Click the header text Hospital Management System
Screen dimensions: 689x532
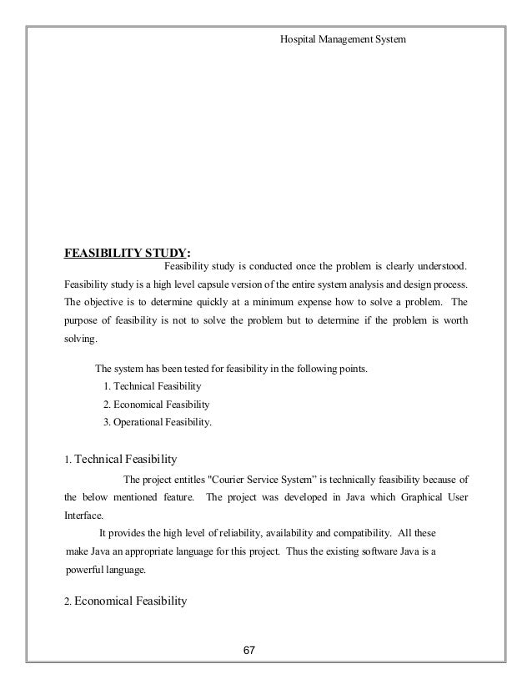(x=343, y=38)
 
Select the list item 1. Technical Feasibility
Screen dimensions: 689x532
(x=151, y=387)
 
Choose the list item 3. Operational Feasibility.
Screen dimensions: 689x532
(x=157, y=422)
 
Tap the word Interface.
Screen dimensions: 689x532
(x=84, y=515)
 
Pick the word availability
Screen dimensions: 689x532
(x=314, y=534)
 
